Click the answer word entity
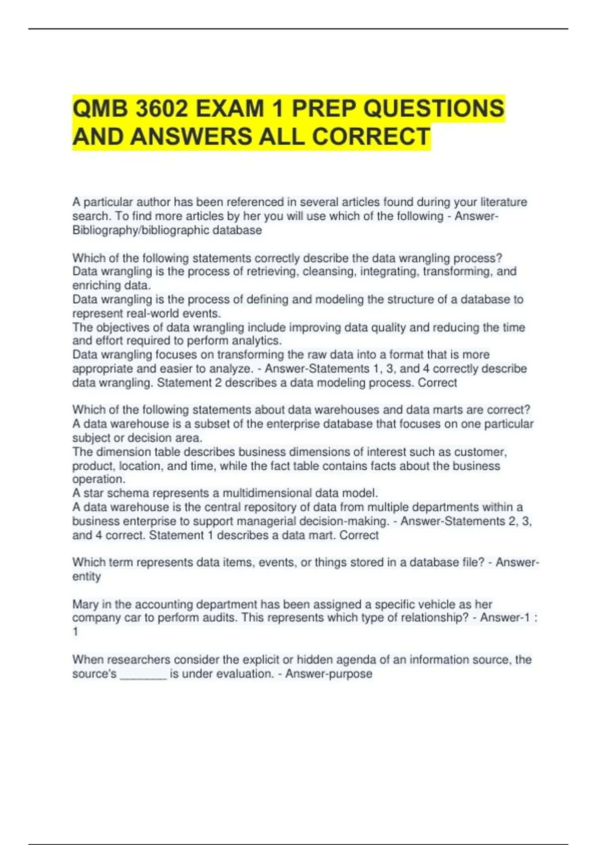point(87,577)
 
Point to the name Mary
point(85,604)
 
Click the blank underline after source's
point(143,675)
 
